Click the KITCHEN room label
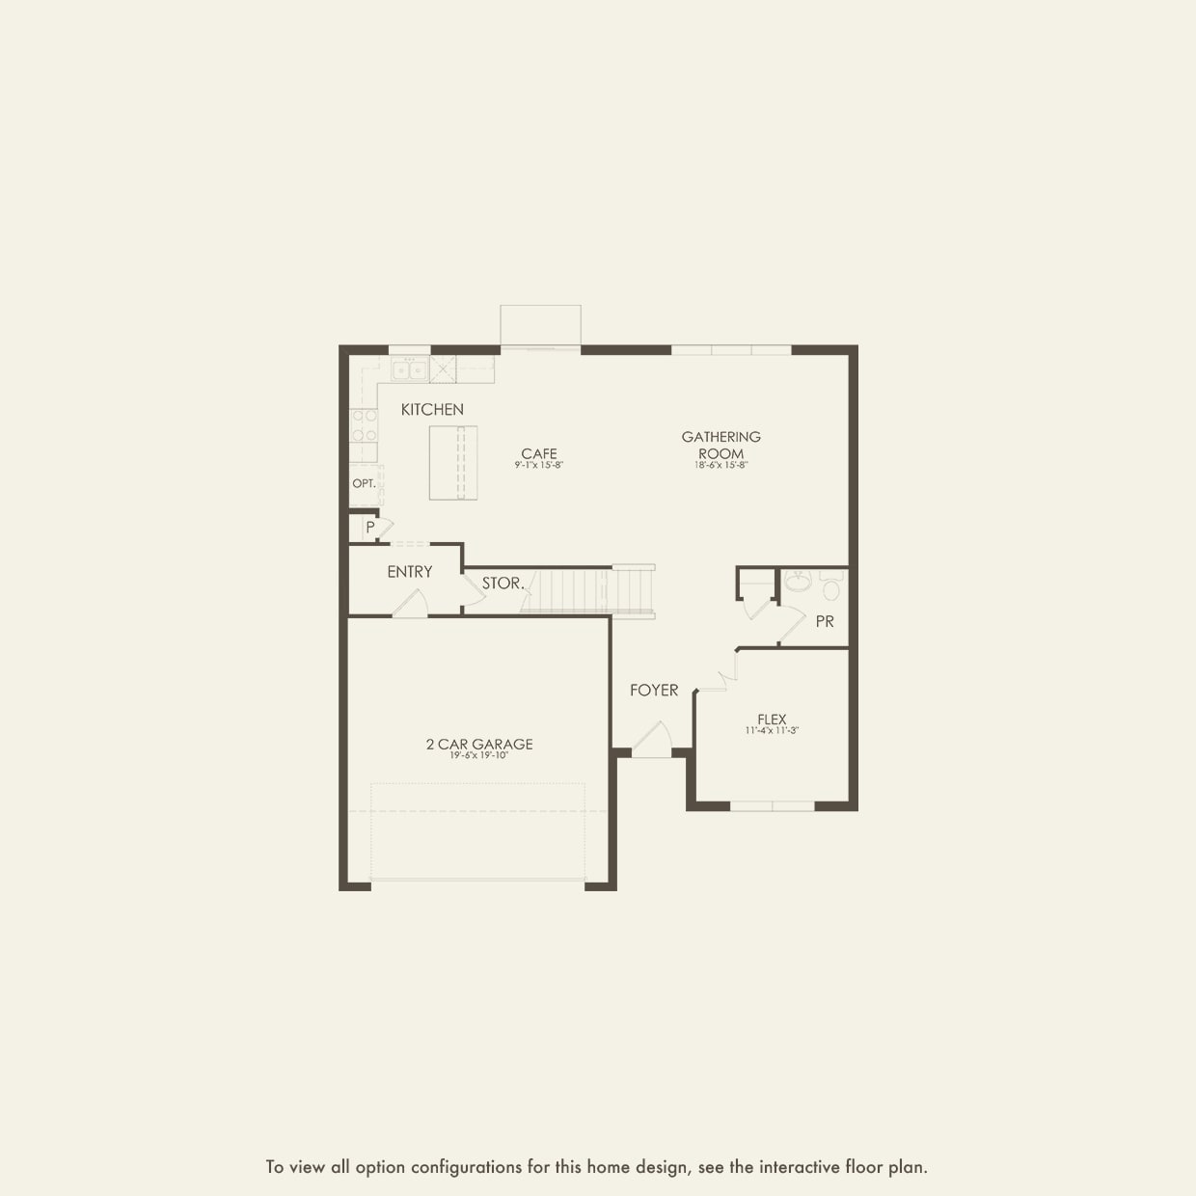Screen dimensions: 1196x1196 click(x=432, y=410)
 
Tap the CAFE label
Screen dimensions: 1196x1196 click(x=539, y=453)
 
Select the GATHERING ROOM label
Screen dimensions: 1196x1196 click(x=721, y=445)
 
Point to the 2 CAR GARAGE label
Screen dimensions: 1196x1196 click(x=479, y=744)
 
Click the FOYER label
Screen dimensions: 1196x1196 click(x=654, y=690)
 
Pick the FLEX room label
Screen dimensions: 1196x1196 click(x=772, y=719)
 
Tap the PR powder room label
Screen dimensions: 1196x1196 click(x=825, y=622)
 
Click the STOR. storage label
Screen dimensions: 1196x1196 click(x=503, y=584)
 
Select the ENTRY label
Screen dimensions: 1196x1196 click(x=410, y=572)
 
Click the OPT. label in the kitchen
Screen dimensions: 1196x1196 click(x=364, y=483)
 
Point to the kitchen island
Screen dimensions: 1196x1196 click(x=453, y=463)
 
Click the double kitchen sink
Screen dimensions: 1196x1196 click(x=410, y=369)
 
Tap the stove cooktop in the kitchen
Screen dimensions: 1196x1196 click(x=364, y=426)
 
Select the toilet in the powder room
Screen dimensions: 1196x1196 click(x=831, y=585)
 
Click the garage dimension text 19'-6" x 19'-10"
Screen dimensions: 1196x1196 click(x=479, y=756)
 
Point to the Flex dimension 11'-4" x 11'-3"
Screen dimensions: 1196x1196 click(x=772, y=730)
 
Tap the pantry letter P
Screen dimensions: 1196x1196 click(x=370, y=528)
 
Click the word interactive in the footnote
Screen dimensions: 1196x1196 click(x=798, y=1167)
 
